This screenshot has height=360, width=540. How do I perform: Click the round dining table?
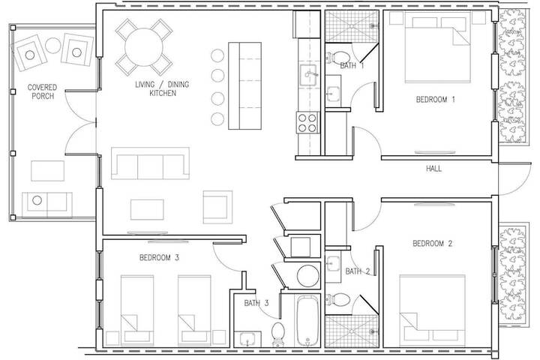point(143,47)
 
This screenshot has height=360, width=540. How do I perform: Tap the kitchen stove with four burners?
point(307,123)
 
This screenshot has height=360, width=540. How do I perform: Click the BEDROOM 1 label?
point(435,100)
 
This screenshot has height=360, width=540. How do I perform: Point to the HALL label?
point(433,169)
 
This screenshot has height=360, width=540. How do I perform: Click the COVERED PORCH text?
point(42,91)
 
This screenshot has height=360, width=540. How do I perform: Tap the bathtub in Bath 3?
point(308,321)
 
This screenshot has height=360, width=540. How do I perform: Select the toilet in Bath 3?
point(277,334)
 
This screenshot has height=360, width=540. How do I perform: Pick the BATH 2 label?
point(358,271)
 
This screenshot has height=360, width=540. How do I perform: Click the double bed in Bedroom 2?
point(432,310)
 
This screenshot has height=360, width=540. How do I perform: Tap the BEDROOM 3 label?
point(159,257)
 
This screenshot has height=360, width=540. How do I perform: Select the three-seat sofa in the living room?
point(150,163)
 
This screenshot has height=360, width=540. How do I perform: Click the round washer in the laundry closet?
point(307,275)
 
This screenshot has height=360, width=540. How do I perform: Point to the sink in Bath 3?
point(247,339)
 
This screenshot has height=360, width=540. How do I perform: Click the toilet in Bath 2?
point(337,300)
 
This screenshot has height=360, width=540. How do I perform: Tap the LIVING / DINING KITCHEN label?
point(162,88)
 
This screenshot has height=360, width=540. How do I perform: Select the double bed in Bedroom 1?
point(437,47)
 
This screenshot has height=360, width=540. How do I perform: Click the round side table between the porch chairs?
point(53,46)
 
